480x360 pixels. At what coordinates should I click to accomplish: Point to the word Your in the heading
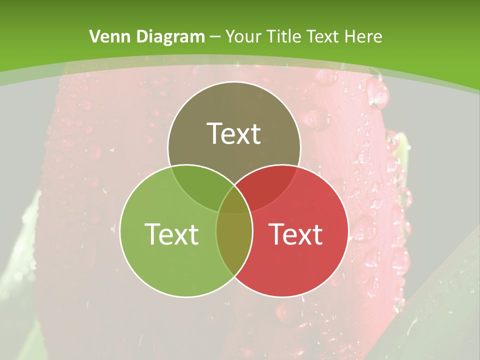click(242, 36)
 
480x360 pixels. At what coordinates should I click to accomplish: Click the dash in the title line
click(215, 37)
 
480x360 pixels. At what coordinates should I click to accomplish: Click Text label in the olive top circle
click(234, 133)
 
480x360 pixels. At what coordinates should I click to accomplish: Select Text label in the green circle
click(171, 233)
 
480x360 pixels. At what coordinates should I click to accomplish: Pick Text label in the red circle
click(295, 233)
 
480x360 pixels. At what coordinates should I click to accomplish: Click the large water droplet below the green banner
click(377, 92)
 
